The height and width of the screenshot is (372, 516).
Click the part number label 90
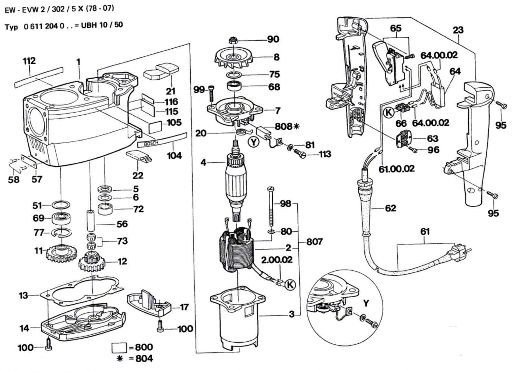click(x=273, y=39)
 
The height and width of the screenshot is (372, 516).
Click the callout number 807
click(x=314, y=241)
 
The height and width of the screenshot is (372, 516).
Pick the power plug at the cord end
click(x=459, y=250)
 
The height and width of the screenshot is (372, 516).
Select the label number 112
click(x=29, y=61)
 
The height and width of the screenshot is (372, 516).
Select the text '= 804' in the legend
click(x=140, y=358)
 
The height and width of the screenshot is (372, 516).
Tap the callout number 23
click(x=458, y=30)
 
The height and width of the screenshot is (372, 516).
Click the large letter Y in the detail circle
click(x=366, y=303)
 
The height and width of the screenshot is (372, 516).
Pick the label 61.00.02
click(x=396, y=169)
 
